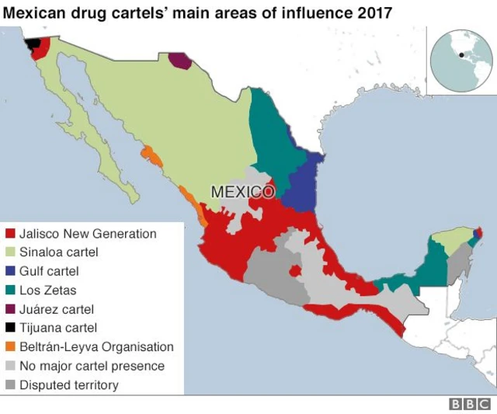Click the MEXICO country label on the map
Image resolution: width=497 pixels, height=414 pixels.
click(x=242, y=191)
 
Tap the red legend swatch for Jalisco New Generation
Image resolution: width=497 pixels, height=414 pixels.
click(x=10, y=234)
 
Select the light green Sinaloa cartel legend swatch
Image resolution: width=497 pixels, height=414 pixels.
click(x=10, y=252)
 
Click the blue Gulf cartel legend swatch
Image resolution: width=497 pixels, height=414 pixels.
click(x=10, y=271)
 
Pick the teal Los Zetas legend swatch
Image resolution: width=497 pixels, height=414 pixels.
click(x=10, y=290)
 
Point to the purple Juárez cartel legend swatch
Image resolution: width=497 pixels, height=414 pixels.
click(x=10, y=309)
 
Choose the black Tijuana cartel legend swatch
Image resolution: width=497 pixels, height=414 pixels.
click(x=10, y=328)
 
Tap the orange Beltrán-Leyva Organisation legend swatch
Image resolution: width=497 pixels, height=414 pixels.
click(x=10, y=347)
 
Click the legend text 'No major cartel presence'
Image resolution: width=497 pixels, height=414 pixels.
click(x=92, y=366)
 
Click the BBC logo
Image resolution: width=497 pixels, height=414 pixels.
click(x=470, y=405)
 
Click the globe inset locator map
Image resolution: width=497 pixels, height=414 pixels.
click(x=461, y=60)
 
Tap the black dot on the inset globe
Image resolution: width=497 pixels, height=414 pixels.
click(x=461, y=54)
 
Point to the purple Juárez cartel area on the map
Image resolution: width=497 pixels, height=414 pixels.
click(x=179, y=61)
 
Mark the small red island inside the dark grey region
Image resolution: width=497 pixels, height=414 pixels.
click(x=295, y=271)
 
